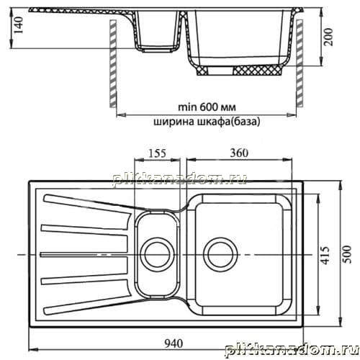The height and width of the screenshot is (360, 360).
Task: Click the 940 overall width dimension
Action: point(174,343)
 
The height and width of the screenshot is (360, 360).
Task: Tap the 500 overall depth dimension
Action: point(347,254)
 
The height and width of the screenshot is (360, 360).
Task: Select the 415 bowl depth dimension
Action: point(325,255)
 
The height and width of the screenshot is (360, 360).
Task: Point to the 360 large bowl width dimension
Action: point(239,153)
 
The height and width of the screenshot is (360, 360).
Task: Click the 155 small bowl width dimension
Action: point(157,153)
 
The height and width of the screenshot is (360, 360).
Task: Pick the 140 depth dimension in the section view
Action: point(19,25)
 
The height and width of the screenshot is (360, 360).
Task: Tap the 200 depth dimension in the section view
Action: point(328,37)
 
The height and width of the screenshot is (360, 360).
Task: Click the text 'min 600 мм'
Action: point(207,107)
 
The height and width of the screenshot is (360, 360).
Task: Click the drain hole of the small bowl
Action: point(157,254)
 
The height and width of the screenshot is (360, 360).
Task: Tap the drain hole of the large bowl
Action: point(220,254)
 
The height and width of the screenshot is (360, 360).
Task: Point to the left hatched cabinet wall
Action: point(113,63)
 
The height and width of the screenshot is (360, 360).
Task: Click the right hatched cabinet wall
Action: point(300,63)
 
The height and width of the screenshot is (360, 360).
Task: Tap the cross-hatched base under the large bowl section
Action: point(240,71)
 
